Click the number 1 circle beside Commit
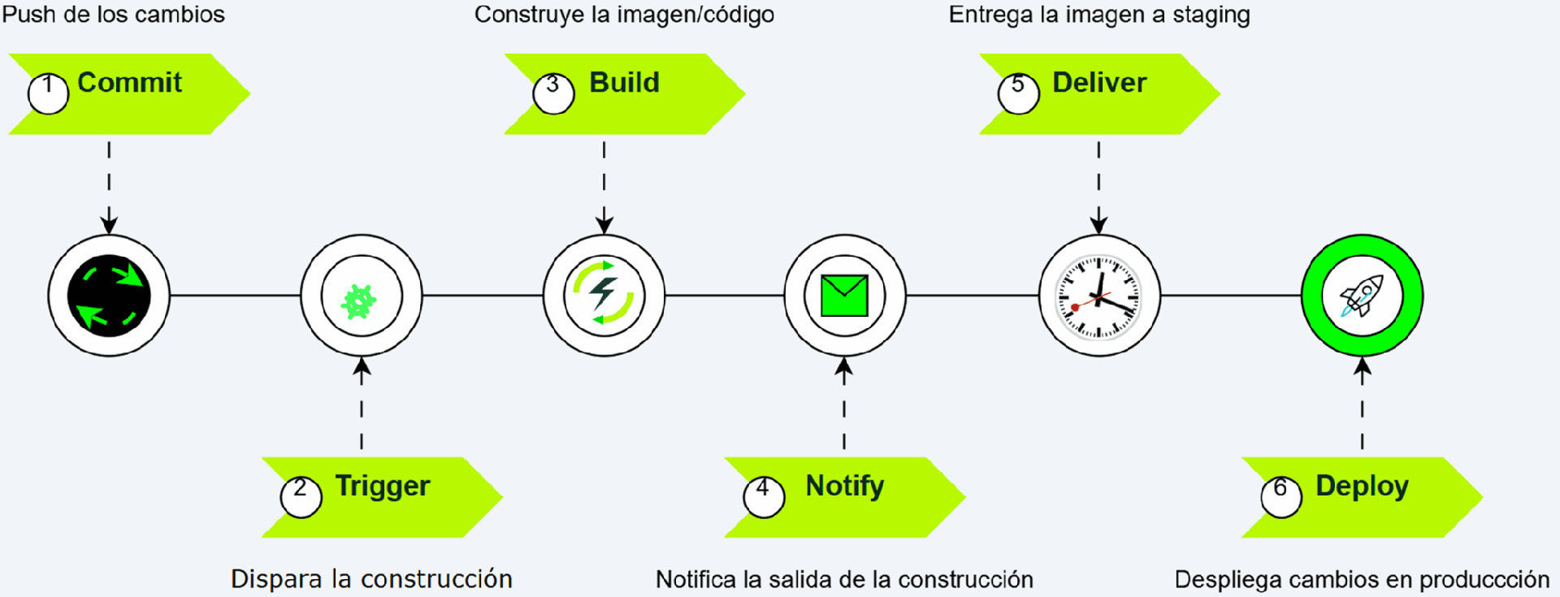48,93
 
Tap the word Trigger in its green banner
383,486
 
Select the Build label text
624,83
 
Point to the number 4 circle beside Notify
764,496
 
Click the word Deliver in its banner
1098,83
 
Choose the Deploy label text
1362,486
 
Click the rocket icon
1362,296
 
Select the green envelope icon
844,296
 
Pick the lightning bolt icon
604,293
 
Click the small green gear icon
359,301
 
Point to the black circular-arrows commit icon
109,296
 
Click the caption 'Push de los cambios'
114,15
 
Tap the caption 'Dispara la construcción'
371,579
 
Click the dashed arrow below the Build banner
604,187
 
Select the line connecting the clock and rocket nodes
1231,296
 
